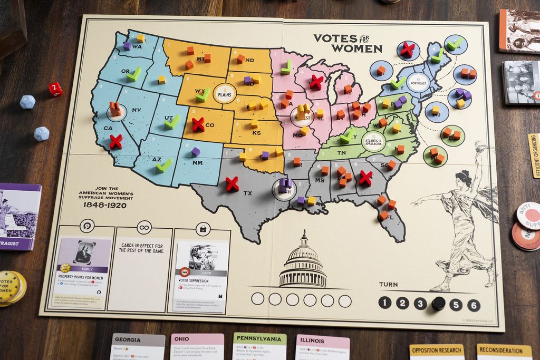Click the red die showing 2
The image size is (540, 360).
(55, 89)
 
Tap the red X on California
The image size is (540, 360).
(115, 141)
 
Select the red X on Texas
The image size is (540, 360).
(232, 183)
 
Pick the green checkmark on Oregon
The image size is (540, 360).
(133, 74)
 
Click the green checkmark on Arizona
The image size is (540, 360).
(163, 166)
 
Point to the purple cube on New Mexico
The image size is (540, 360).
(196, 152)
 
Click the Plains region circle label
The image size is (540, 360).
(225, 93)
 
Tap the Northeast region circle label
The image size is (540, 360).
(417, 82)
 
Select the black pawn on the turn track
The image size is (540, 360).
(438, 304)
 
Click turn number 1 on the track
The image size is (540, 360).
(385, 303)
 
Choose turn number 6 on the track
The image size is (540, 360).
(474, 305)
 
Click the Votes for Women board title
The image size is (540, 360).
(348, 43)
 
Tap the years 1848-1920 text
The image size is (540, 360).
(104, 205)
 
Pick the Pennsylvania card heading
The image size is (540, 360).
(259, 338)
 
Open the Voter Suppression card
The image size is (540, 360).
(201, 277)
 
